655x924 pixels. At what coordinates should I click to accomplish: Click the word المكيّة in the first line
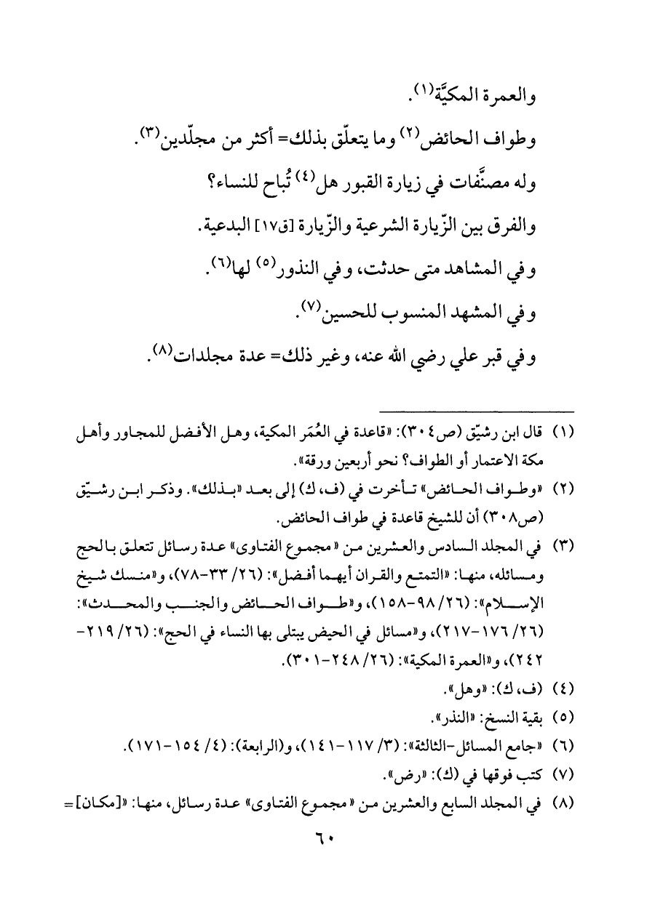pos(434,93)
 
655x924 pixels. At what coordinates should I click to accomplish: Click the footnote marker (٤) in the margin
pos(565,688)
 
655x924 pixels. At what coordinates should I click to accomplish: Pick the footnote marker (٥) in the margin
pos(565,719)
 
